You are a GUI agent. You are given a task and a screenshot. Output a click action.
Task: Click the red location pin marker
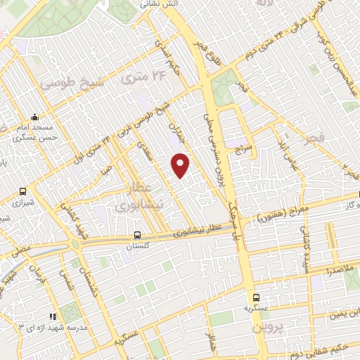181,165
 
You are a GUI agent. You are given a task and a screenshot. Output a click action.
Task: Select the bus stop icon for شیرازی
23,191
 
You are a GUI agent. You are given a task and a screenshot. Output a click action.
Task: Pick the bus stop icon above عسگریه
257,297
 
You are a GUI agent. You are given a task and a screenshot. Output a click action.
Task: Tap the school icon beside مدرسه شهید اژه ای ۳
52,316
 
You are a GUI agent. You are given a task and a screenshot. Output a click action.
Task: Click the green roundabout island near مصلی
74,245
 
